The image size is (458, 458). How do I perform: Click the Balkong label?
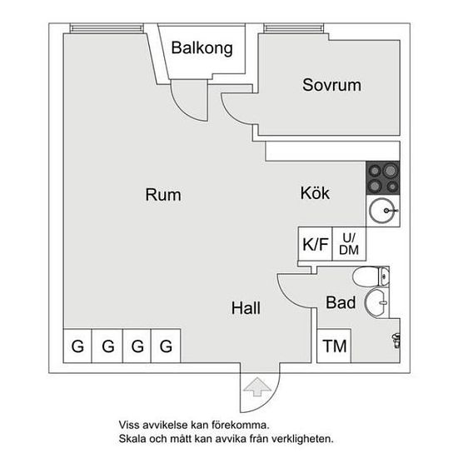coord(202,48)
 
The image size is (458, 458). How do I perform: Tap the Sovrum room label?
coord(331,85)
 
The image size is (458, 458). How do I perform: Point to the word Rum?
coord(163,195)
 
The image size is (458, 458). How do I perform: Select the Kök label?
coord(315,193)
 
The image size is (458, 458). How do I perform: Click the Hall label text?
coord(246,308)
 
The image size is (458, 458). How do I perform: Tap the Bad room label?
coord(341,302)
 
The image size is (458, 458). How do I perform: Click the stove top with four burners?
coord(383,178)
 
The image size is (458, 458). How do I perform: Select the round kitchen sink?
coord(383,211)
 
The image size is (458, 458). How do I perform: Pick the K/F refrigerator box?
coord(315,244)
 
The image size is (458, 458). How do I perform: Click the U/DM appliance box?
coord(349,244)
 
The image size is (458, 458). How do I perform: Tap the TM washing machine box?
coord(334,346)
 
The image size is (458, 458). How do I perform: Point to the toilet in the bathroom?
coord(371,276)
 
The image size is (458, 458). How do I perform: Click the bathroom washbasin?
coord(376,303)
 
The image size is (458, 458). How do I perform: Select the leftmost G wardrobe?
coord(77,346)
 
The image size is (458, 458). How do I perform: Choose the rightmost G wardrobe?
coord(166,346)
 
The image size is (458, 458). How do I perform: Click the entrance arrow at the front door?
coord(257,386)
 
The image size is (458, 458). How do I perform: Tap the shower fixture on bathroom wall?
coord(396,341)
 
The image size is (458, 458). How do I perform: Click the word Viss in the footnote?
coord(130,425)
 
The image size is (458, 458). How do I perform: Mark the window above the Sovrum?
coord(294,28)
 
